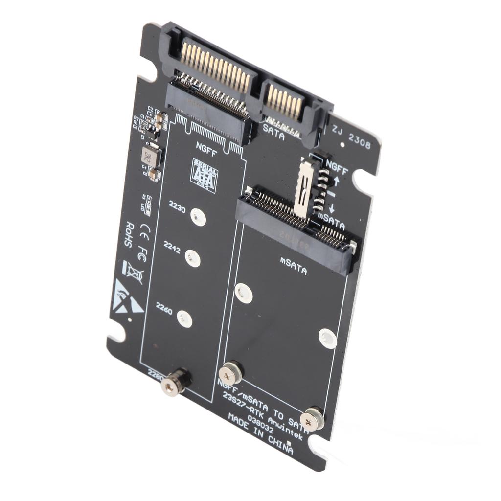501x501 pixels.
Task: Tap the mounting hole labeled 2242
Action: [x=193, y=258]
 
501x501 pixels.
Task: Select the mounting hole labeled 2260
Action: [x=184, y=319]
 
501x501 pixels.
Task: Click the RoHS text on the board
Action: [x=129, y=235]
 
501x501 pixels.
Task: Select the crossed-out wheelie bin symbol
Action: [x=132, y=272]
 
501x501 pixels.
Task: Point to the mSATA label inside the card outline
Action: [x=294, y=265]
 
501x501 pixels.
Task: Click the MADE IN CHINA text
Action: [x=260, y=433]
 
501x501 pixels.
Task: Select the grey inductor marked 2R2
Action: [x=150, y=156]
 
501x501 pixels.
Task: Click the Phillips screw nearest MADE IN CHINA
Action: [x=311, y=419]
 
